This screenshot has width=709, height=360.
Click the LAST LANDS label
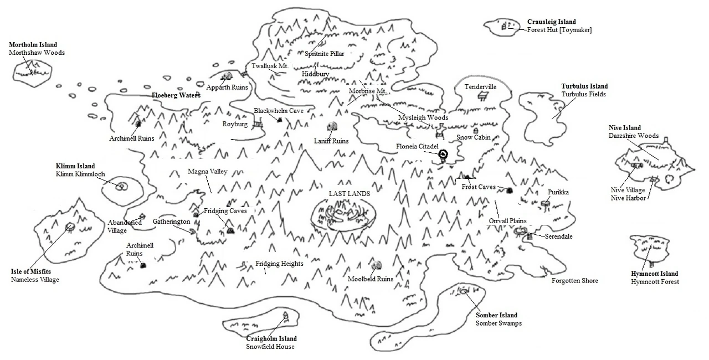click(349, 194)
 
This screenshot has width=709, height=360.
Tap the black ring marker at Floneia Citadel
click(443, 155)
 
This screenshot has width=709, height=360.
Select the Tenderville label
click(480, 87)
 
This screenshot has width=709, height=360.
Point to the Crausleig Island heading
click(552, 22)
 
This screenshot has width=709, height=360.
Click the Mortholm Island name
click(33, 44)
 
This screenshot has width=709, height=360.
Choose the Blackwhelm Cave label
click(279, 111)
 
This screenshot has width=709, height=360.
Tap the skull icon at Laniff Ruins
click(331, 127)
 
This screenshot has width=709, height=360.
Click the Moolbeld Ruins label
click(371, 279)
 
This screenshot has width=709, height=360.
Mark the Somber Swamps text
click(499, 323)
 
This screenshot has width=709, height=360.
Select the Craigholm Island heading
click(271, 338)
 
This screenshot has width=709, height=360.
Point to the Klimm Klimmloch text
click(80, 174)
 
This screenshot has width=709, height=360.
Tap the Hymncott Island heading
click(654, 274)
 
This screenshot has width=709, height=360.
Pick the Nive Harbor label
click(628, 198)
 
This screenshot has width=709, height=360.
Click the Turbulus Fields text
click(584, 94)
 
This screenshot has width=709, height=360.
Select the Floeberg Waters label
click(176, 95)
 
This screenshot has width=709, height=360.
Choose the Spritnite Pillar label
click(325, 54)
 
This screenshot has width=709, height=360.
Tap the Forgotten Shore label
click(575, 281)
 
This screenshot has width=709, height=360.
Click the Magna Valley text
click(208, 172)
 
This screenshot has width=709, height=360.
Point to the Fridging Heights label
click(279, 264)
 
